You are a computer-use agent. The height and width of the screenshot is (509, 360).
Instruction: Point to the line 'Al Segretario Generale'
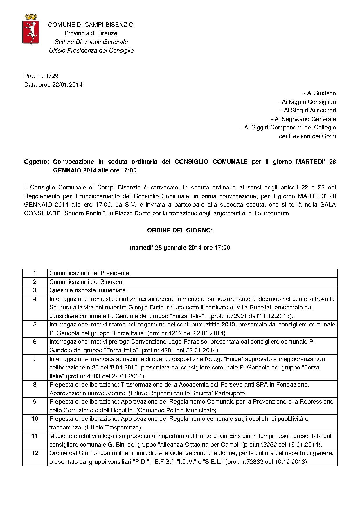(x=303, y=119)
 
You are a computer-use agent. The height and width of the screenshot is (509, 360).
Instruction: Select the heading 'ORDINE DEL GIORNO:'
(x=180, y=231)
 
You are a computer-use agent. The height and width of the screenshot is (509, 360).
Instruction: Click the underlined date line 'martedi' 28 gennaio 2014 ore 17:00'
(x=180, y=248)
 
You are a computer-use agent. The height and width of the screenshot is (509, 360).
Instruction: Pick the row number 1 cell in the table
(x=35, y=273)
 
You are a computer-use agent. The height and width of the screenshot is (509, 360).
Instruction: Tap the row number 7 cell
(x=35, y=359)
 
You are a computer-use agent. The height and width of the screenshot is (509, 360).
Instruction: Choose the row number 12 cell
(x=35, y=453)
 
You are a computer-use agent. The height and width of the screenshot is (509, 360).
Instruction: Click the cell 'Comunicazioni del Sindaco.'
(x=87, y=282)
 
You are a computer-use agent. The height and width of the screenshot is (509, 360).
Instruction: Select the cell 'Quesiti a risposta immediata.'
(x=88, y=290)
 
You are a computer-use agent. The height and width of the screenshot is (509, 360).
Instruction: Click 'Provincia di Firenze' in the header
(x=91, y=33)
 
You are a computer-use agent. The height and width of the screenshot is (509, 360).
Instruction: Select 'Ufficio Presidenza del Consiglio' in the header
(x=91, y=50)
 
